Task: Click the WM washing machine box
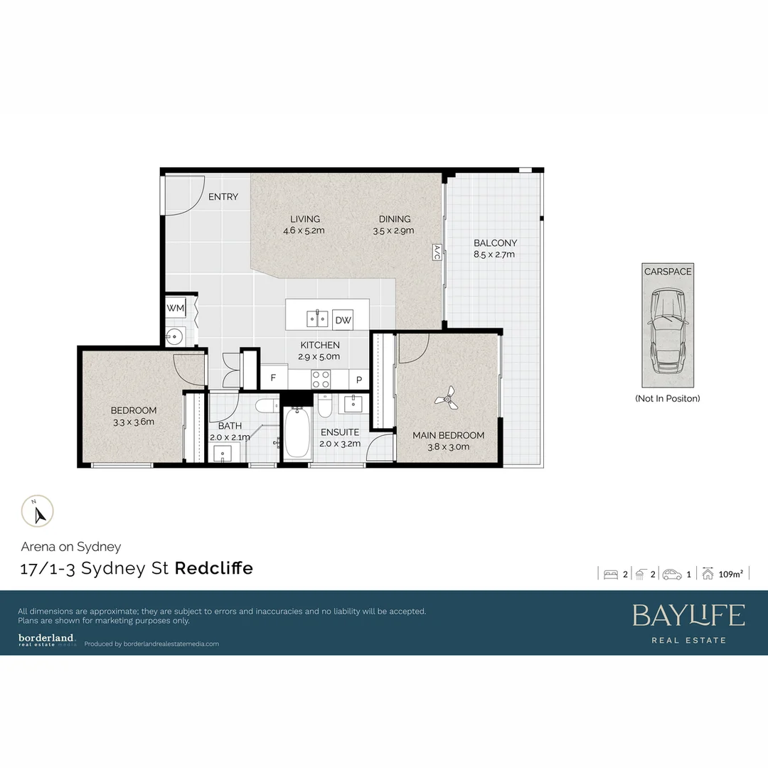pyautogui.click(x=175, y=307)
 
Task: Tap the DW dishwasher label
pyautogui.click(x=343, y=320)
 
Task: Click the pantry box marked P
pyautogui.click(x=359, y=380)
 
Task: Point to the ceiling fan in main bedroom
pyautogui.click(x=447, y=400)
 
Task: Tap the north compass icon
pyautogui.click(x=37, y=511)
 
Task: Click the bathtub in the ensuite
pyautogui.click(x=296, y=433)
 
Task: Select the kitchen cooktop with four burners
pyautogui.click(x=321, y=378)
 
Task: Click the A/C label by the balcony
pyautogui.click(x=437, y=252)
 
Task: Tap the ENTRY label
pyautogui.click(x=223, y=197)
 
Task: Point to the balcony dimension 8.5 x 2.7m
pyautogui.click(x=495, y=254)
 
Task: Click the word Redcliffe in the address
pyautogui.click(x=213, y=569)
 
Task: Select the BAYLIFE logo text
pyautogui.click(x=688, y=616)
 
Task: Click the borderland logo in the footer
pyautogui.click(x=47, y=639)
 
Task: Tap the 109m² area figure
pyautogui.click(x=731, y=575)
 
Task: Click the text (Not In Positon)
pyautogui.click(x=667, y=398)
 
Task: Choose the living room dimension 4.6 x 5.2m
pyautogui.click(x=304, y=230)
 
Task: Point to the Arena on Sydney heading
pyautogui.click(x=71, y=547)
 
